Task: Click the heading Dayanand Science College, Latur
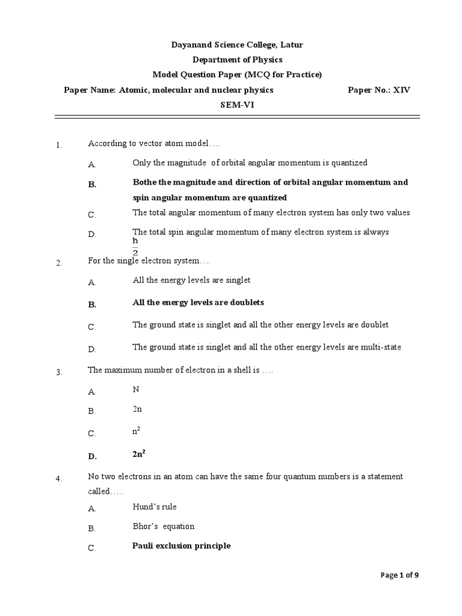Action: [x=236, y=45]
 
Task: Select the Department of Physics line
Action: [x=236, y=60]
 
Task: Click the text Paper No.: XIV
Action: [x=379, y=90]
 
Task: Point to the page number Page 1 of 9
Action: [x=400, y=575]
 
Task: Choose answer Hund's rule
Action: [x=155, y=507]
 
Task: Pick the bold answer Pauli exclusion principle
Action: [x=181, y=546]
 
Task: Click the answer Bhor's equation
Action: [x=163, y=526]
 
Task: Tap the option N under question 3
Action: [x=135, y=389]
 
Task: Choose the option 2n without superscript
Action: [x=137, y=409]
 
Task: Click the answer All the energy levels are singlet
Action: [x=191, y=280]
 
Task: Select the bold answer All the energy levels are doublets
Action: [x=198, y=302]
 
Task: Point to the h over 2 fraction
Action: [x=135, y=246]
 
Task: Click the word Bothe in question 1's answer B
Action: [x=144, y=182]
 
